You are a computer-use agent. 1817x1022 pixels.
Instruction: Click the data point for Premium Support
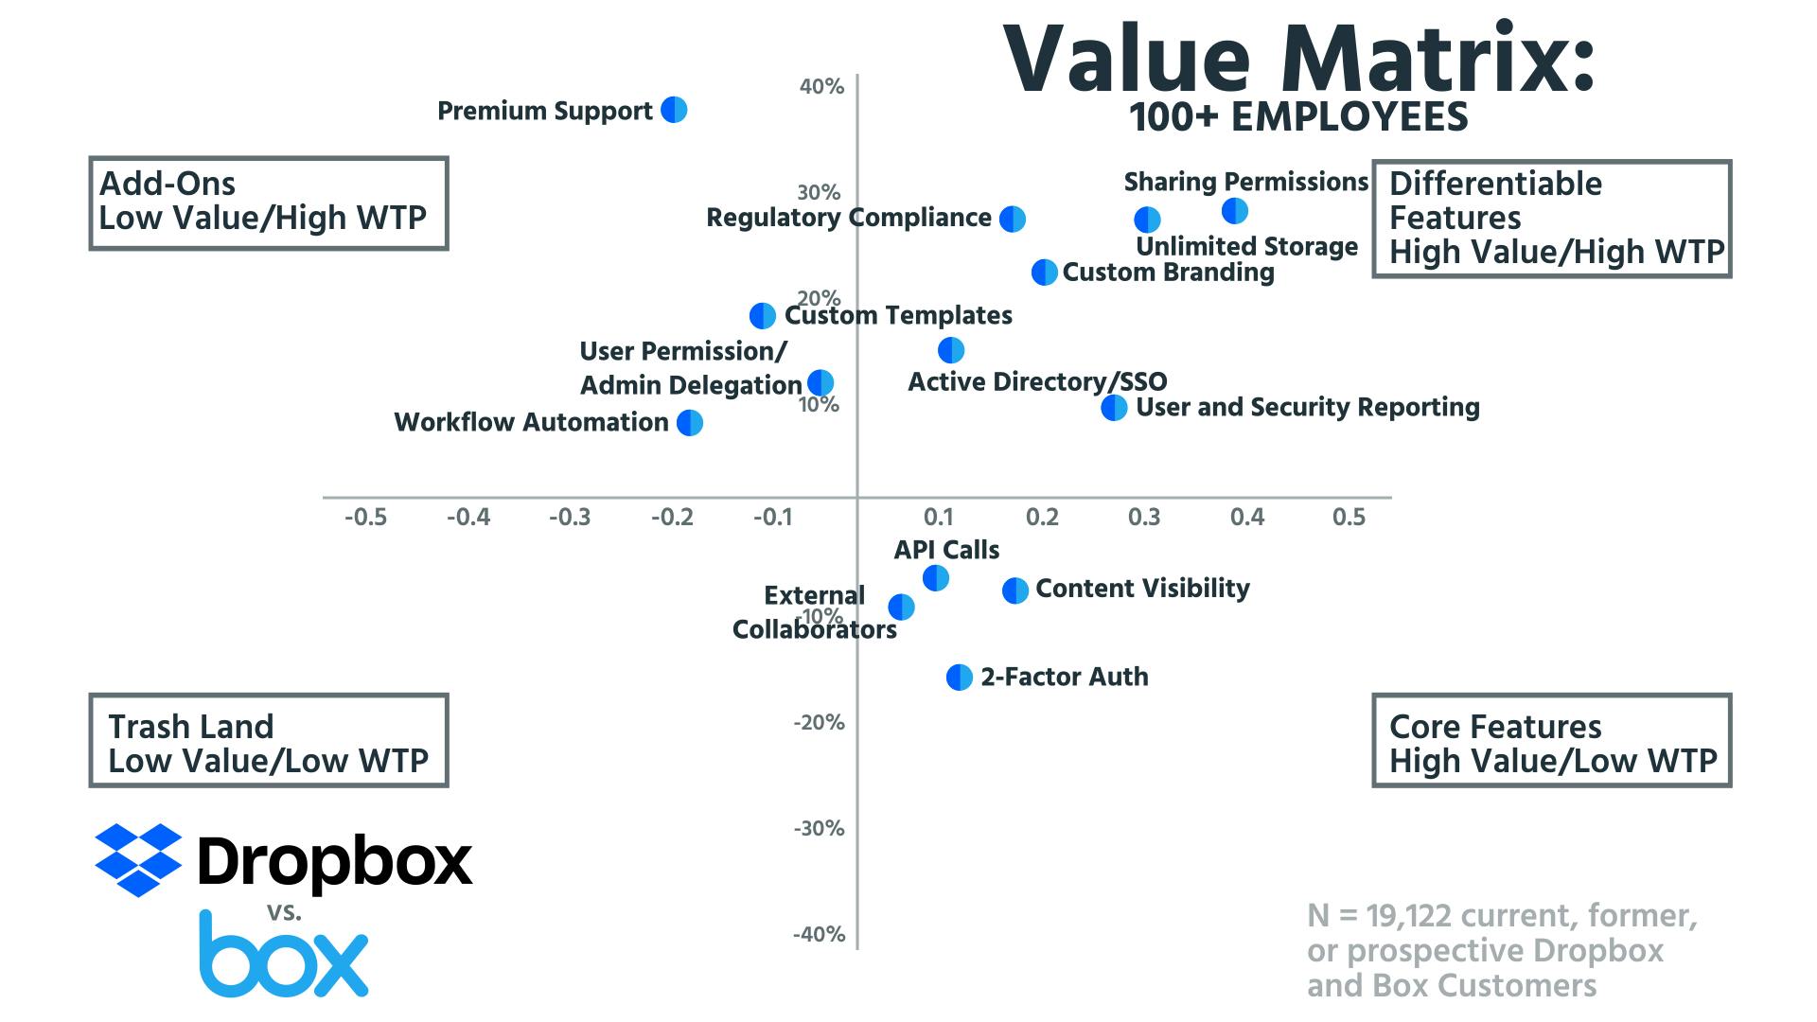(674, 110)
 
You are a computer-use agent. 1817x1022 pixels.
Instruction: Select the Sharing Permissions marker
(1234, 211)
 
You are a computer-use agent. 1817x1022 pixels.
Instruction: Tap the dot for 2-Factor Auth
(960, 678)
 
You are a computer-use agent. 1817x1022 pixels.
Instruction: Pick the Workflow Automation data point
(690, 422)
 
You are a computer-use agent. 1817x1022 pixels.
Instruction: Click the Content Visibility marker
(1015, 590)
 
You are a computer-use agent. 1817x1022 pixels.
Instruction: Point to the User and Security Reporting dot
(1115, 408)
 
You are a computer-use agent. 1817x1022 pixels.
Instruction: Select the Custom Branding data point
(1044, 273)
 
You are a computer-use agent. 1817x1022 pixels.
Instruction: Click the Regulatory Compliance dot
(1013, 219)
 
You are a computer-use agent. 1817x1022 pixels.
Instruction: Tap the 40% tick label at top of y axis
(821, 87)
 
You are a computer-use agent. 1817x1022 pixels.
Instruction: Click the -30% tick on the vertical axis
(819, 829)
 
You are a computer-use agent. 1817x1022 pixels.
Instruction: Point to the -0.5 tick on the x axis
(365, 518)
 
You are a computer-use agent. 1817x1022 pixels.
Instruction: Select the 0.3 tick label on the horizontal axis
(1144, 518)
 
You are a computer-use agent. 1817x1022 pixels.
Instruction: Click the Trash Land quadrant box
(268, 741)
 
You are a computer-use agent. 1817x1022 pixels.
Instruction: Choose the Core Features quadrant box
(1551, 741)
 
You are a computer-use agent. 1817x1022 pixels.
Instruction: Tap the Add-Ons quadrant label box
(268, 203)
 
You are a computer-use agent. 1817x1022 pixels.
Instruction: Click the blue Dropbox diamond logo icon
(138, 859)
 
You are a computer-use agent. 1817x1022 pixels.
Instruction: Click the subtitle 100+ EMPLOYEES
(1298, 117)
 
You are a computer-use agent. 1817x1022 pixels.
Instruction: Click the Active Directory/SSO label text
(1037, 381)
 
